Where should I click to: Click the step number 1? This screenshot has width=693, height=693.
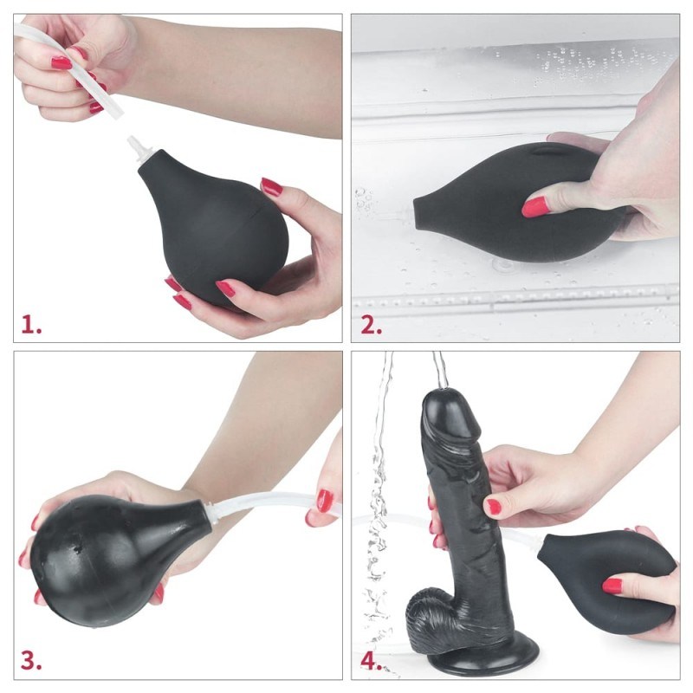click(30, 326)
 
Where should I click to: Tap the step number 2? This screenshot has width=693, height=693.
click(372, 326)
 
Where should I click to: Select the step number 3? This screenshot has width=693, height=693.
click(31, 661)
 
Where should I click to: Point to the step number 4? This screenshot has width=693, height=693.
click(372, 661)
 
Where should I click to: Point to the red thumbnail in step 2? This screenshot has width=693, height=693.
click(534, 206)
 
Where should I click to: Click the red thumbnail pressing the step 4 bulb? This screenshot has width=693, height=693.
click(612, 586)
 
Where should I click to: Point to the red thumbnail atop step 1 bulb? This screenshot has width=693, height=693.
click(271, 186)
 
